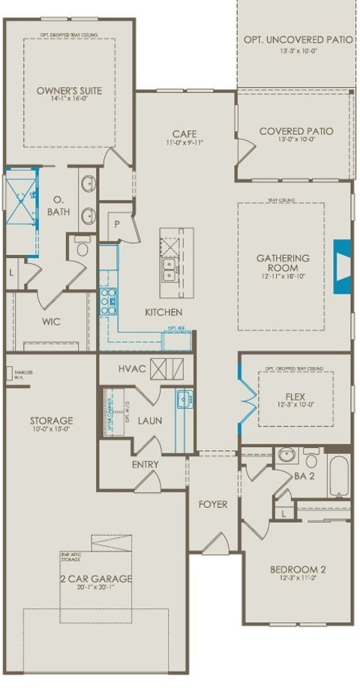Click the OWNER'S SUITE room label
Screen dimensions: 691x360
(69, 92)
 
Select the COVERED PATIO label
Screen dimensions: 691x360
(296, 131)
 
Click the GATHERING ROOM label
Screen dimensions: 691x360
(277, 263)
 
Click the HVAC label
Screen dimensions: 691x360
(132, 369)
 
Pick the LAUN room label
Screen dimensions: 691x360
(150, 421)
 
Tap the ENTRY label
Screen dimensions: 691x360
(145, 464)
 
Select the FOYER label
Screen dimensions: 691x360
(213, 504)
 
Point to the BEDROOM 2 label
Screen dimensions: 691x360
(298, 569)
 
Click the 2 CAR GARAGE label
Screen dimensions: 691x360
(96, 578)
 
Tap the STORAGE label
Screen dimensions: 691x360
(51, 420)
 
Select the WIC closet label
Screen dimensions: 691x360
(51, 321)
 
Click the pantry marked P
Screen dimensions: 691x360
(118, 223)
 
